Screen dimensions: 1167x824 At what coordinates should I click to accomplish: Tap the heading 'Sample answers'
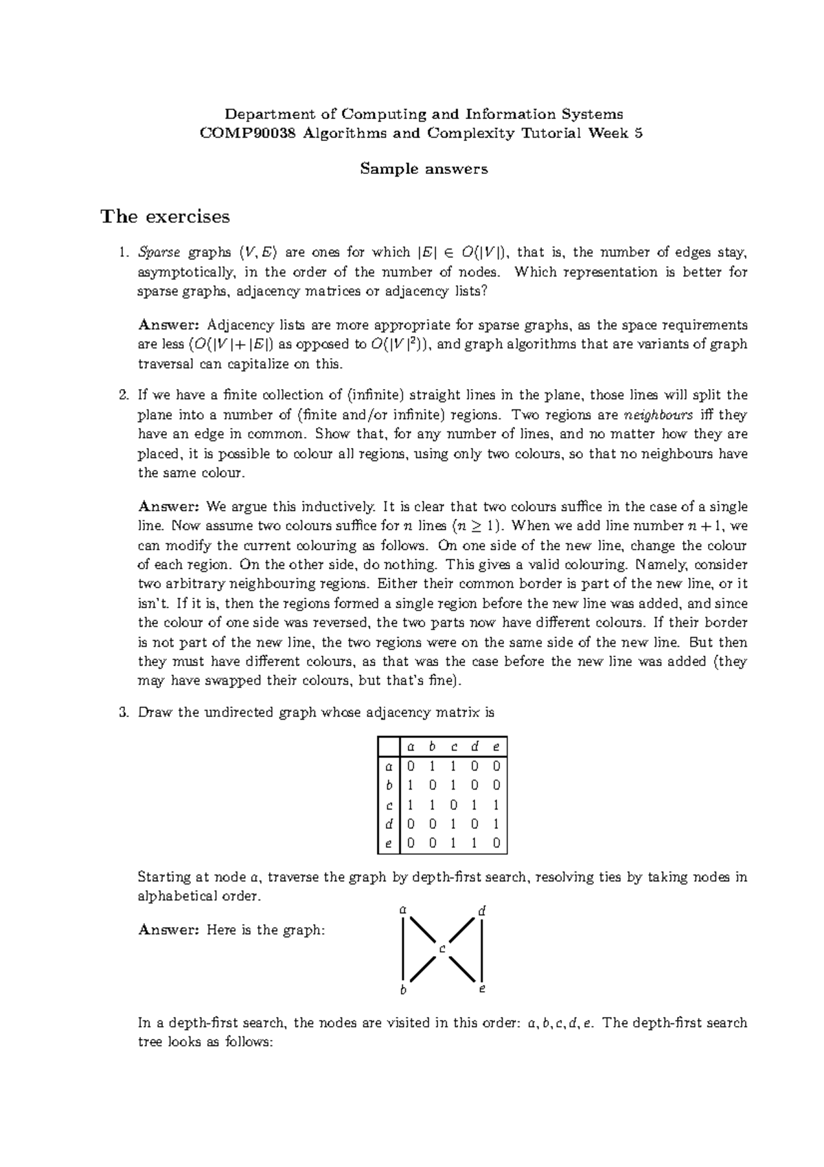coord(424,168)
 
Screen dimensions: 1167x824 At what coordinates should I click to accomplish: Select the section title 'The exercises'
coord(165,216)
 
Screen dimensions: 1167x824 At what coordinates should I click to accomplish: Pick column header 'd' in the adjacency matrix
coord(474,746)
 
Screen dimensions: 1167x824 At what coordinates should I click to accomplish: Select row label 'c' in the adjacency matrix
coord(389,805)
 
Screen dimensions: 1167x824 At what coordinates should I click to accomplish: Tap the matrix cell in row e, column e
coord(496,843)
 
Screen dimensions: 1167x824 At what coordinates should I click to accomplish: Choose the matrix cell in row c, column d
coord(474,805)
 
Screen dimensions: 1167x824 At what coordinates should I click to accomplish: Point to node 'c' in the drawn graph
coord(442,949)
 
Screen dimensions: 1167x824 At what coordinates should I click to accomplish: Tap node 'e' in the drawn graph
coord(482,989)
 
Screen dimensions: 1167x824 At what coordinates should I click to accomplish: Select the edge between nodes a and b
coord(404,949)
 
